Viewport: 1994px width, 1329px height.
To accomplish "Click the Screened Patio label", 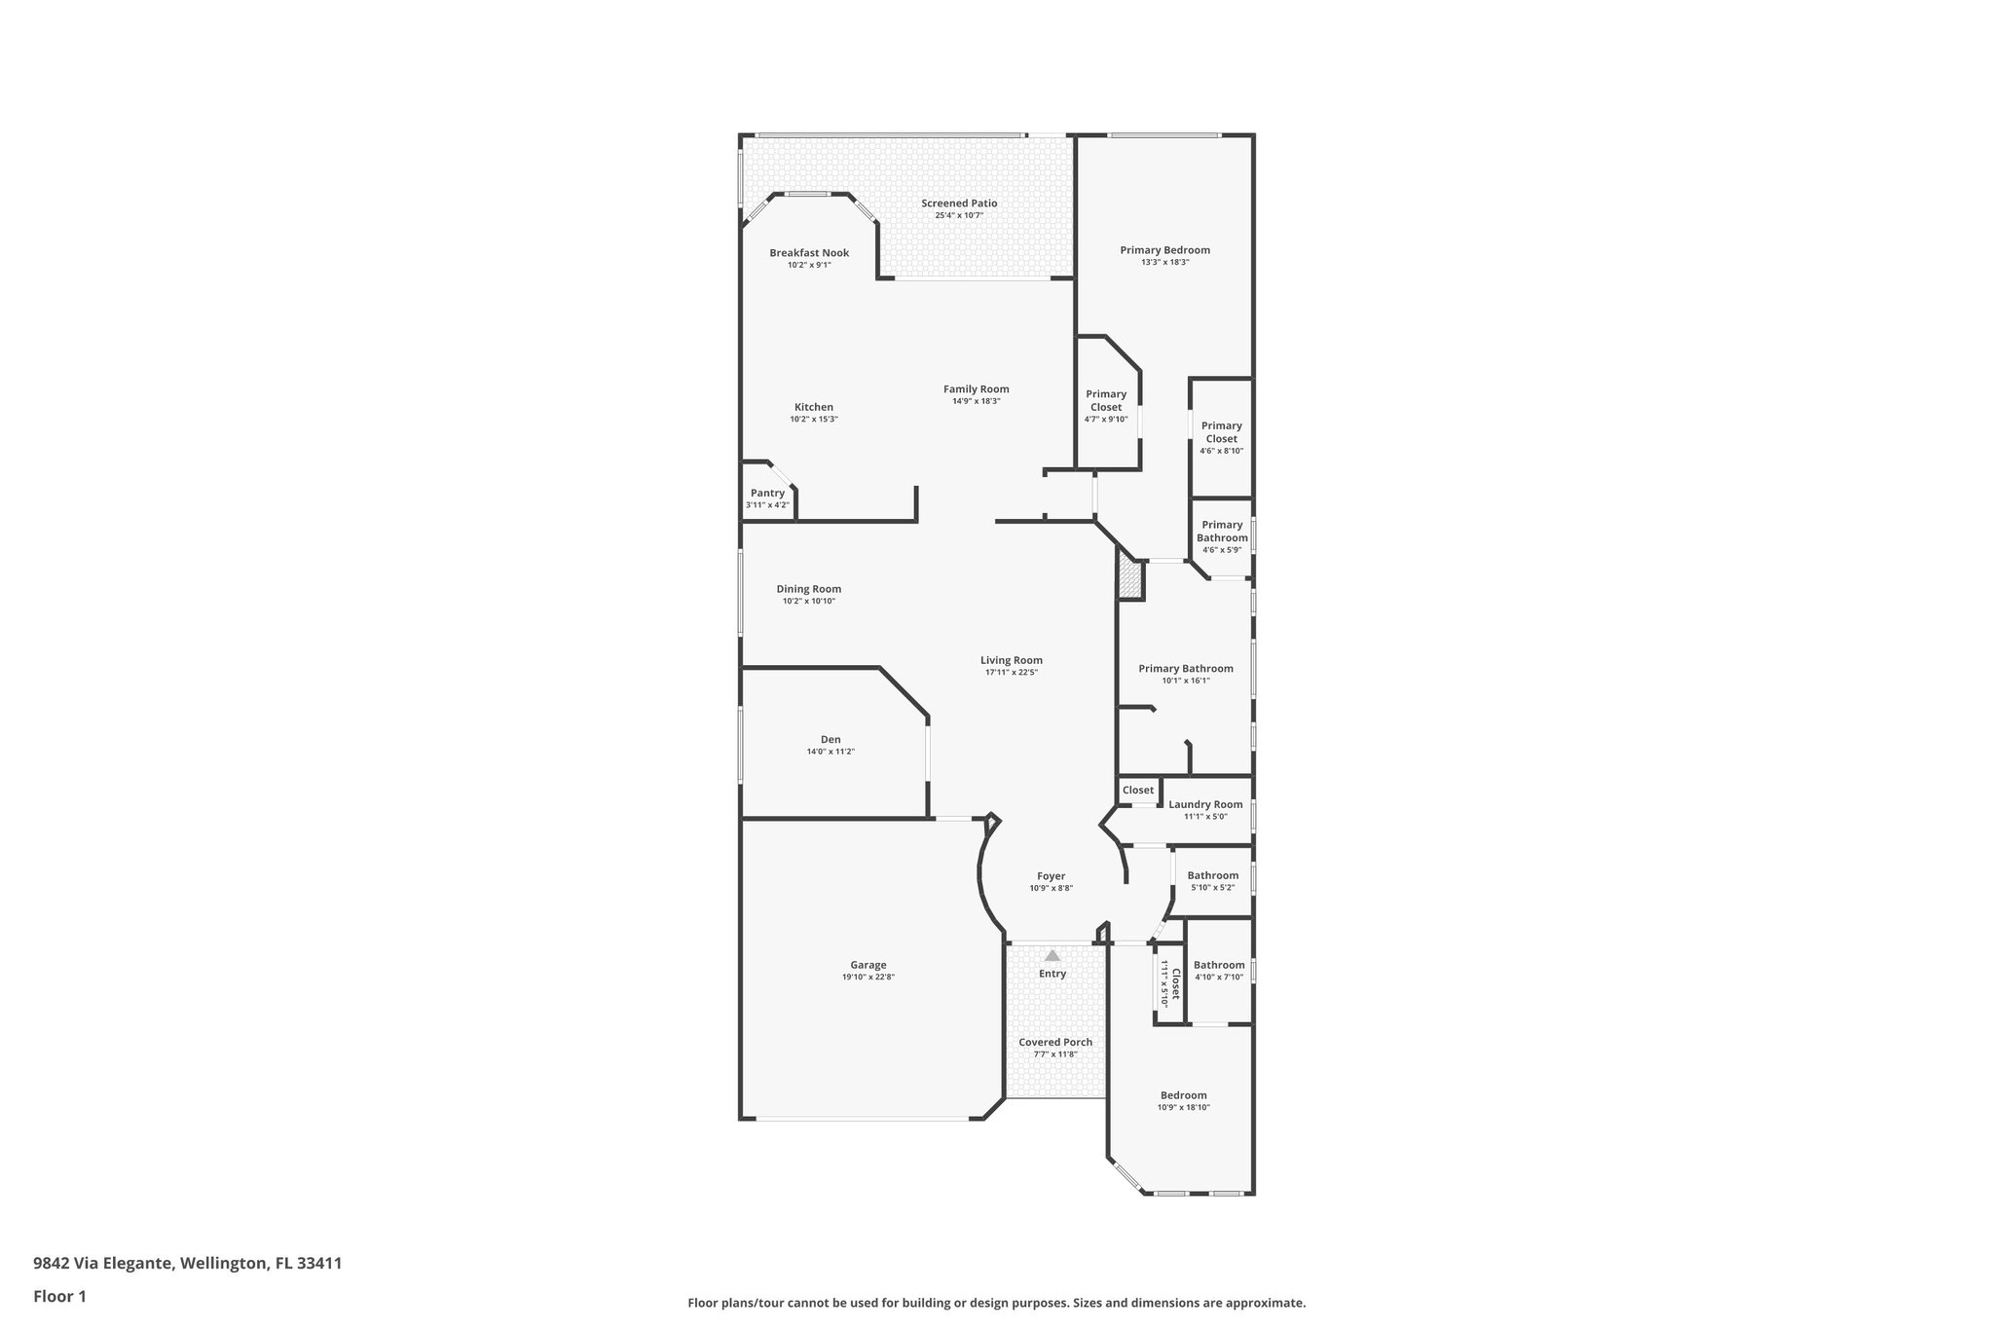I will tap(959, 203).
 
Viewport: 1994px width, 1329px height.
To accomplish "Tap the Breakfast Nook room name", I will tap(809, 253).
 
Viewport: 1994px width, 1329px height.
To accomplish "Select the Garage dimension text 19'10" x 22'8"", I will tap(868, 978).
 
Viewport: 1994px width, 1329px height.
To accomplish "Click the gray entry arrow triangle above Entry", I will tap(1052, 956).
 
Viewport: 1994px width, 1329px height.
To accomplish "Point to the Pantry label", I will tap(767, 494).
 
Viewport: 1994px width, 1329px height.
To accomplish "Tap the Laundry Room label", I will tap(1205, 805).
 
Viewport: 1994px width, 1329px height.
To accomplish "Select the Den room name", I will tap(831, 740).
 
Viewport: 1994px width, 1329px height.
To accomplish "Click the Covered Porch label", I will tap(1055, 1043).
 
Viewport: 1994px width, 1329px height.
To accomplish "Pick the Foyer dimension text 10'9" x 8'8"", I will tap(1051, 889).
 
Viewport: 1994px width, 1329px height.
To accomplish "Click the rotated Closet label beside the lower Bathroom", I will tap(1175, 984).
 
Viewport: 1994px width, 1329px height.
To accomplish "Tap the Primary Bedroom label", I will tap(1164, 250).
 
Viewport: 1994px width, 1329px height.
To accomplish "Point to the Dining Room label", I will tap(808, 589).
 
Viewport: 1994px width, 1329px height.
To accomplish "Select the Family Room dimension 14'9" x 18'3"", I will tap(976, 401).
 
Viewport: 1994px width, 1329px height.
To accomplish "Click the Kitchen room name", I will tap(813, 407).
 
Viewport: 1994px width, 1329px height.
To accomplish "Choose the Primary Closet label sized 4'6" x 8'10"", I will tap(1221, 432).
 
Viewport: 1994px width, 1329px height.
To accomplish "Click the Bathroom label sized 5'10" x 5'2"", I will tap(1212, 876).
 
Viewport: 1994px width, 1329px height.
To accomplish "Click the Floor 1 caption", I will tap(60, 1296).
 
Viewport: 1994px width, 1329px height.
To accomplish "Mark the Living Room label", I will tap(1011, 660).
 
